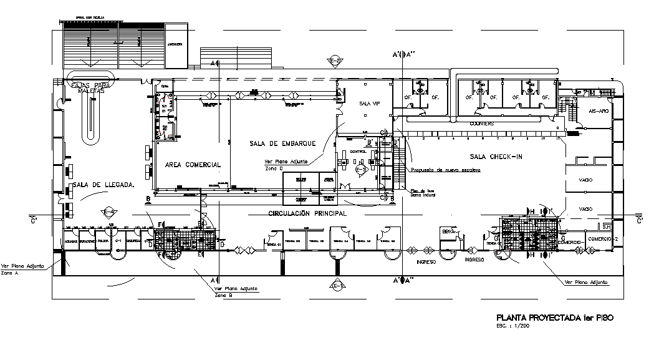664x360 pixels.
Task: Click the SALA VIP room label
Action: [365, 104]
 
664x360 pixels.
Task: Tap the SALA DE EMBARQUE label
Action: [282, 144]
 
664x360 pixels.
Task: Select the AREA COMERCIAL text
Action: [193, 165]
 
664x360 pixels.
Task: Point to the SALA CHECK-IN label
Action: [496, 156]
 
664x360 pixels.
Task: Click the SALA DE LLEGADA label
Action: [103, 185]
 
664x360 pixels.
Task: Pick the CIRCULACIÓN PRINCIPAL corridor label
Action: [307, 213]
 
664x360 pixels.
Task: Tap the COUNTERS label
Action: [482, 124]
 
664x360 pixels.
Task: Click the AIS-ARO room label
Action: [598, 110]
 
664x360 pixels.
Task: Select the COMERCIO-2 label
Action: [602, 239]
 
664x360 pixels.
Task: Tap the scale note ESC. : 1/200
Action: [513, 326]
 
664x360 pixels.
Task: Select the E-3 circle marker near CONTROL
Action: [360, 168]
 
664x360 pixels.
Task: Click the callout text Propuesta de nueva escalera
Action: [441, 170]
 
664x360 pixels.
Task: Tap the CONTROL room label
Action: [358, 152]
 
